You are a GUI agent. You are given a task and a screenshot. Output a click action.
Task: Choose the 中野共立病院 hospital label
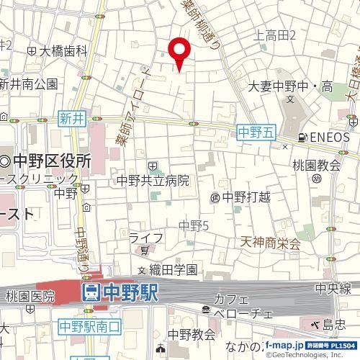pyautogui.click(x=153, y=180)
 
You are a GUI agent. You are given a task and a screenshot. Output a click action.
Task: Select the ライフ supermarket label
pyautogui.click(x=147, y=238)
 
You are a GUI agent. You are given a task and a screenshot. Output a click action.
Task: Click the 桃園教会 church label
pyautogui.click(x=315, y=165)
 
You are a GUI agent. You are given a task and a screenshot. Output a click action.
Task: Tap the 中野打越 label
pyautogui.click(x=245, y=197)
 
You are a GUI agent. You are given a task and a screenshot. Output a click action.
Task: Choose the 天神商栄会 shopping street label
pyautogui.click(x=271, y=243)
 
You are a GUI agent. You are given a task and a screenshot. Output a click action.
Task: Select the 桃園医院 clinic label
pyautogui.click(x=30, y=295)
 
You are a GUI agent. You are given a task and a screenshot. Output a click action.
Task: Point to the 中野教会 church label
pyautogui.click(x=192, y=334)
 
